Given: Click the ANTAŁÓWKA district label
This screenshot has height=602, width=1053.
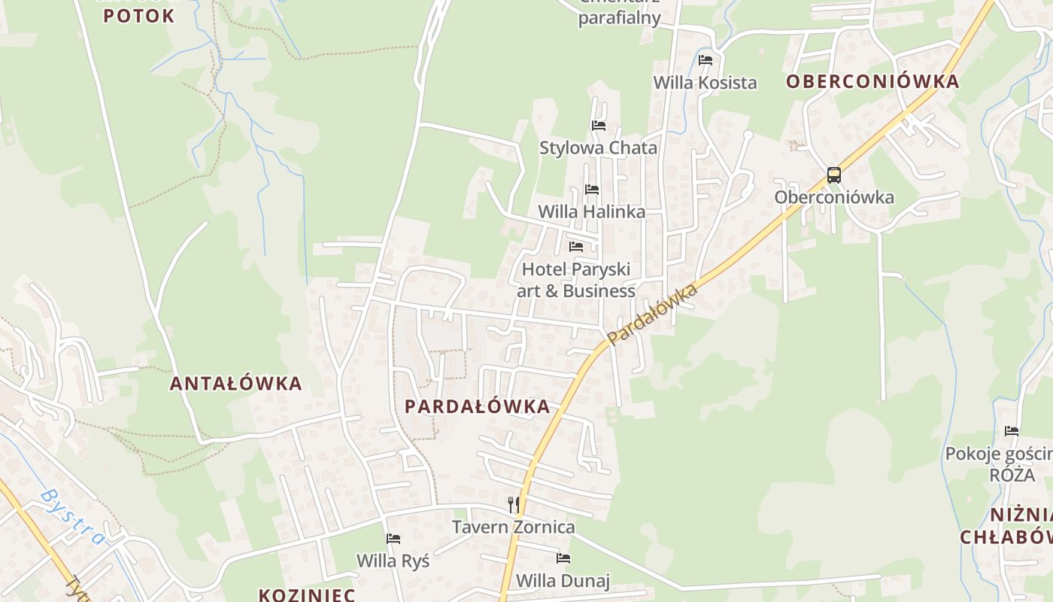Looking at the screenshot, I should pos(235,384).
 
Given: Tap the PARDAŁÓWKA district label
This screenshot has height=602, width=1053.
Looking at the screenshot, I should pos(478,407).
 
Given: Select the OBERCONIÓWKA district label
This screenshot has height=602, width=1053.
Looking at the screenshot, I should pos(872,82).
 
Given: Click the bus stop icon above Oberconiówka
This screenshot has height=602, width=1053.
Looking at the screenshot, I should pos(834,175).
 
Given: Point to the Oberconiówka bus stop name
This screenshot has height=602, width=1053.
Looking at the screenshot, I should pos(834,198).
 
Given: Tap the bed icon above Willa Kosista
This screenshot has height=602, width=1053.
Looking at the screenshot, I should pos(706,60).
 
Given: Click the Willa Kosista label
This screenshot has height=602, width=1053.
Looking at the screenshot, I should pos(705,83).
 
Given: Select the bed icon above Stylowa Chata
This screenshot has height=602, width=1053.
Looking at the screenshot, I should pos(599,125).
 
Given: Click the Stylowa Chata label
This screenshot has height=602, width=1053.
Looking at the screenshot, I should pos(598,148).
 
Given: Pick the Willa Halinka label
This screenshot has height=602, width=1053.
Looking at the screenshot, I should pos(591,212).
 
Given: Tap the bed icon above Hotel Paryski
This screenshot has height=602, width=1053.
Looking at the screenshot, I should pos(576,246).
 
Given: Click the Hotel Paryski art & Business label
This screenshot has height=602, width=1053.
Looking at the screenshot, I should pos(576,280).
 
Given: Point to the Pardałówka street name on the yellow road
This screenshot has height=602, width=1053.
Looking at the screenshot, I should pos(653,315).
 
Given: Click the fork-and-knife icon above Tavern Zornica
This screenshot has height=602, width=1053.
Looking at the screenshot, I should pos(514,504).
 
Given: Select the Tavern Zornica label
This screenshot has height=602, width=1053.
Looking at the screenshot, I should pos(513,528).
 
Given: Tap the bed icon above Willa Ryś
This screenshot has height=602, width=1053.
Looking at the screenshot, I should pos(393,538).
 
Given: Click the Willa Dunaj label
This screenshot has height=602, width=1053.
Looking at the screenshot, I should pos(563,581).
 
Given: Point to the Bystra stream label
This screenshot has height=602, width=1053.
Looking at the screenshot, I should pos(73,517).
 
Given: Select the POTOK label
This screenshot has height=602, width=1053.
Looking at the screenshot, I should pos(139,16).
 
